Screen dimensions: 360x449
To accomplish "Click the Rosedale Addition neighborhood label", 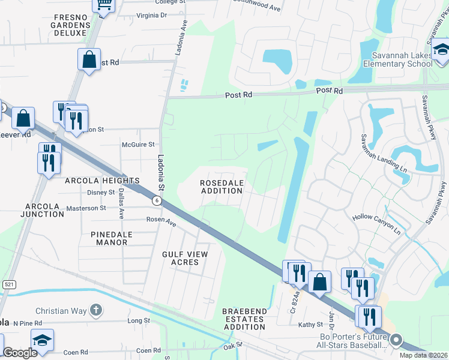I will pyautogui.click(x=221, y=186).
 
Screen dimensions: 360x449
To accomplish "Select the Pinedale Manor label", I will pyautogui.click(x=109, y=238).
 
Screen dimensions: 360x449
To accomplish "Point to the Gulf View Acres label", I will pyautogui.click(x=185, y=258).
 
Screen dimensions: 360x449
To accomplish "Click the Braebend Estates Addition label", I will pyautogui.click(x=243, y=319).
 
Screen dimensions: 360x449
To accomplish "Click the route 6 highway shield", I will pyautogui.click(x=155, y=201).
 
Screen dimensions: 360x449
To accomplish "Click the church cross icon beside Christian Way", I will pyautogui.click(x=95, y=310).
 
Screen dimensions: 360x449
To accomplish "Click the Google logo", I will pyautogui.click(x=20, y=353).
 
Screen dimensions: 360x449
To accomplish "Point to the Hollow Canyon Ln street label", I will pyautogui.click(x=375, y=220).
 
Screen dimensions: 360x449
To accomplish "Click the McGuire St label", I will pyautogui.click(x=138, y=145).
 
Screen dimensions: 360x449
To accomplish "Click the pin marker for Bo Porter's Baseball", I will pyautogui.click(x=396, y=340).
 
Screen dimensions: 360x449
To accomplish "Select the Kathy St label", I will pyautogui.click(x=311, y=325).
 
